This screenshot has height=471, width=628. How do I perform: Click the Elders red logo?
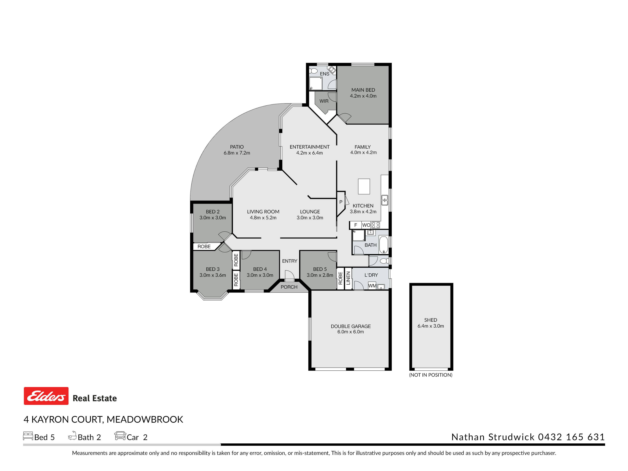(46, 396)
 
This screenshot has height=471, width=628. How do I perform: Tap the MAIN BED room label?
(363, 90)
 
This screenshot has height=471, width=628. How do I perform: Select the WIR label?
(324, 101)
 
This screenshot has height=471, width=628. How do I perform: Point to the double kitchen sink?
(385, 200)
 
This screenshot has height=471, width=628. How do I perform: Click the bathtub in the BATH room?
(384, 244)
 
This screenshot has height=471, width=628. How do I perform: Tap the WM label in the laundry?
(372, 286)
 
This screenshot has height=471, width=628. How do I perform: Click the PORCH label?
(289, 287)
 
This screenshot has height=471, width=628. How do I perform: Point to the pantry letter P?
(341, 202)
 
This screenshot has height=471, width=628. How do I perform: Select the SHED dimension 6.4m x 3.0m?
(431, 326)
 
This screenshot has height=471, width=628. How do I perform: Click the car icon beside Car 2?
(120, 436)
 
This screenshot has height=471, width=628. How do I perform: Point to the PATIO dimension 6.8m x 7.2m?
(237, 153)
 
